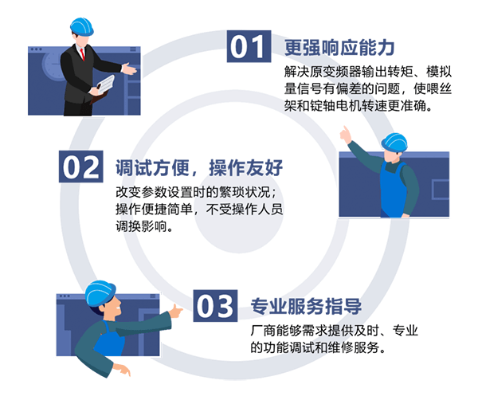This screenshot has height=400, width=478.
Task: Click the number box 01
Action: pos(249,46)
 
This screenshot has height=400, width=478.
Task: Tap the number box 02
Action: pos(80,167)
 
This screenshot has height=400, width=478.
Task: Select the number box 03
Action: pos(215,306)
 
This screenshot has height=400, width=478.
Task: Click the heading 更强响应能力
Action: pos(339,48)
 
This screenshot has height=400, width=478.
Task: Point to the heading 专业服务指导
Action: pos(306,306)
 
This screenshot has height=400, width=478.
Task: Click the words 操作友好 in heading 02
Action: pos(246,167)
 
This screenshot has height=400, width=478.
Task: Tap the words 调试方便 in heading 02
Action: pos(152,167)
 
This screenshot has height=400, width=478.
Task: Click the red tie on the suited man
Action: pos(82,54)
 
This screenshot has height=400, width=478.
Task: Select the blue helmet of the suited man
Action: pos(82,27)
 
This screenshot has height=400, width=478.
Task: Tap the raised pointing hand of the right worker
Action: pos(346,135)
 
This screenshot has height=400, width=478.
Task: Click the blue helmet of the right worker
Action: pos(394,143)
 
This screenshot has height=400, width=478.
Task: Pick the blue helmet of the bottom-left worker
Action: pos(100,293)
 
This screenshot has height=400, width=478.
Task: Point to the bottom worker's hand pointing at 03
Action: pos(176,311)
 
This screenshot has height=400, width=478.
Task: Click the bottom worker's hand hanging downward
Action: pos(122,370)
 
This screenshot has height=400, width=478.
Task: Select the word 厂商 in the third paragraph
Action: pos(263,331)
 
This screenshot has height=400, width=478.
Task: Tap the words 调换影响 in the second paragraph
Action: pos(141,226)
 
